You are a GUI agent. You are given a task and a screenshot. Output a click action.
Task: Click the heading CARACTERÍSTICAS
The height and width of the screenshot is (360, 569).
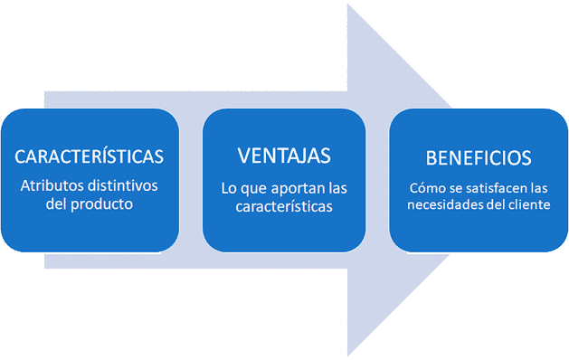90,156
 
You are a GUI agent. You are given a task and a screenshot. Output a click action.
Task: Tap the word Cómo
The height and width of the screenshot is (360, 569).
427,188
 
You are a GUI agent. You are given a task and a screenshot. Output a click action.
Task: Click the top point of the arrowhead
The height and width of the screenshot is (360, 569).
349,5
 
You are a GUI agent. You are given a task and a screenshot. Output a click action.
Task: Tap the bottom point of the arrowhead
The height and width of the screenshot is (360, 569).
349,355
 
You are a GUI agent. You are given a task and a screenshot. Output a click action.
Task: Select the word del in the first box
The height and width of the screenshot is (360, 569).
58,204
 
